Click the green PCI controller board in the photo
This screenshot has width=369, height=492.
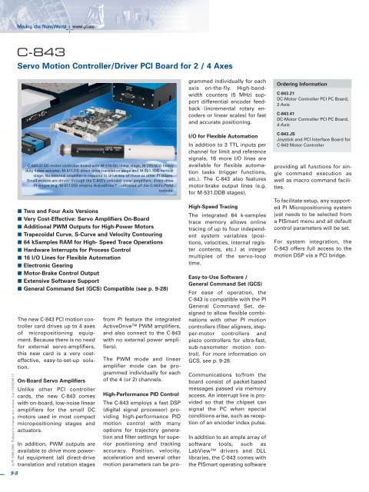tap(46, 131)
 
